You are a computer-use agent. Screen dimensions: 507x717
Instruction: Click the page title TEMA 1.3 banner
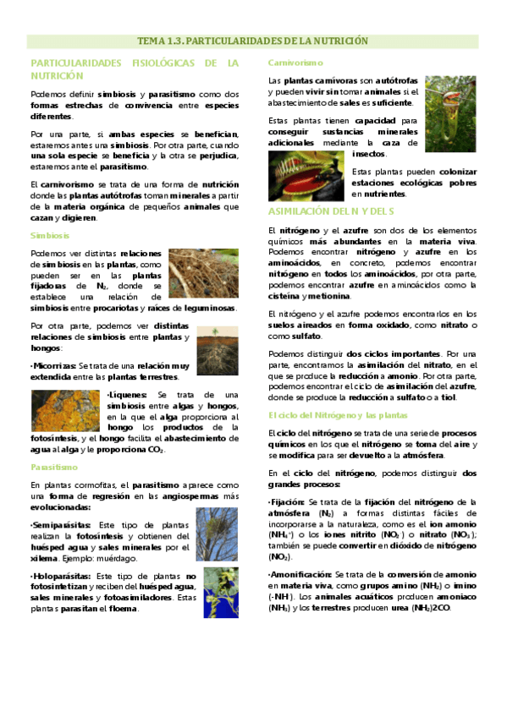click(253, 41)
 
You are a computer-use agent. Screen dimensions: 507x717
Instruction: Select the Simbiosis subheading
click(49, 236)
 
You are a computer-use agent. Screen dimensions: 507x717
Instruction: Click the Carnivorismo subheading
click(295, 63)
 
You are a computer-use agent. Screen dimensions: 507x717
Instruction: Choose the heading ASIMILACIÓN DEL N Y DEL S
click(332, 211)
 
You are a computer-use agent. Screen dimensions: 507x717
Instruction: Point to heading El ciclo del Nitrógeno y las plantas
click(338, 415)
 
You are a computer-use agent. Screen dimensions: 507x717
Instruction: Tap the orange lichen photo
click(66, 410)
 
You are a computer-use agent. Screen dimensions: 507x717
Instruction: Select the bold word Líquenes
click(129, 395)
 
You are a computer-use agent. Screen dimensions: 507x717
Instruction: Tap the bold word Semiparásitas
click(61, 525)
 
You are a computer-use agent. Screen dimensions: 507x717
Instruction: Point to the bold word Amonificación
click(300, 573)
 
